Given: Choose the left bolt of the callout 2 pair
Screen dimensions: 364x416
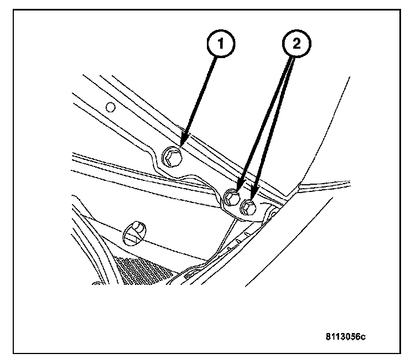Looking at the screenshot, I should point(233,197).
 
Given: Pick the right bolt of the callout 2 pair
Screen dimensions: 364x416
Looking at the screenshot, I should point(248,207).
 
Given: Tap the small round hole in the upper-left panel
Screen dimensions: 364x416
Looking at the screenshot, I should point(110,107).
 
